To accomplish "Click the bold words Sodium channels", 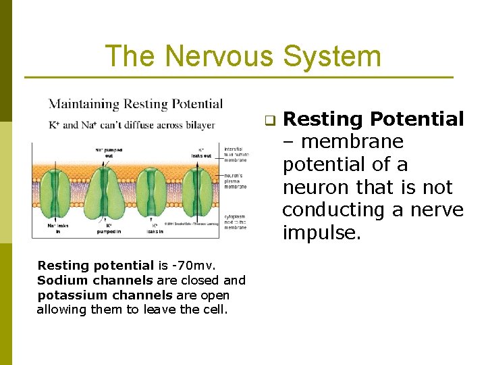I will [x=95, y=281].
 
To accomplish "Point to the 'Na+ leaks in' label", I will [x=58, y=228].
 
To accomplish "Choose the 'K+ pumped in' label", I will [x=109, y=228].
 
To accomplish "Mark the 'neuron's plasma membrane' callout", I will [x=236, y=180].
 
